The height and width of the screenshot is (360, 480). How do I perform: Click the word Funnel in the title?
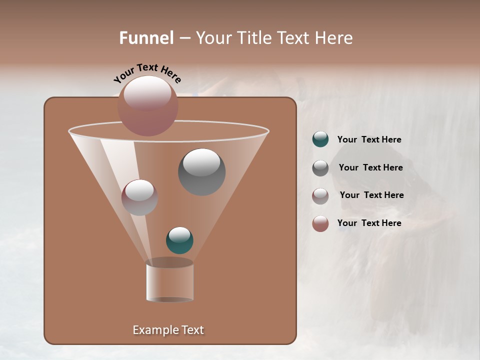(146, 38)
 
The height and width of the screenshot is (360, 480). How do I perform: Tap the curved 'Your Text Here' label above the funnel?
(147, 73)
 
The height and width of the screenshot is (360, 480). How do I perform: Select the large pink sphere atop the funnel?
(148, 106)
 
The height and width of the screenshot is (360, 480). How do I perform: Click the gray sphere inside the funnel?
(201, 172)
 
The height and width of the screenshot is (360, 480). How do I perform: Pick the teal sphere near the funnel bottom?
(179, 240)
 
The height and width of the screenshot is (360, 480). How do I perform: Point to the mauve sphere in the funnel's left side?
(139, 197)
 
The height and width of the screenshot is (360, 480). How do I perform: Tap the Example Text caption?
(168, 330)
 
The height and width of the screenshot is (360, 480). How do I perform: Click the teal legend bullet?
(320, 139)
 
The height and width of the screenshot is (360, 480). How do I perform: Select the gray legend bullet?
(320, 168)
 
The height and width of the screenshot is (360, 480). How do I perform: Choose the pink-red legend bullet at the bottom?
(320, 223)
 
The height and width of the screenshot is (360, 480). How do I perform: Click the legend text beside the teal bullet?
(369, 140)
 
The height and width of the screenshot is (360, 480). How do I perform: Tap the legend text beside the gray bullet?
(370, 168)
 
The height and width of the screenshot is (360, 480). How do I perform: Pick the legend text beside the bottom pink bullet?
(369, 223)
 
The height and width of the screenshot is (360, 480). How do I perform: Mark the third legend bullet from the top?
(320, 196)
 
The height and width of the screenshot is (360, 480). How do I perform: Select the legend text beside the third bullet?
(371, 195)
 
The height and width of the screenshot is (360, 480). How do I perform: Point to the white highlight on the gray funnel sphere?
(201, 162)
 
